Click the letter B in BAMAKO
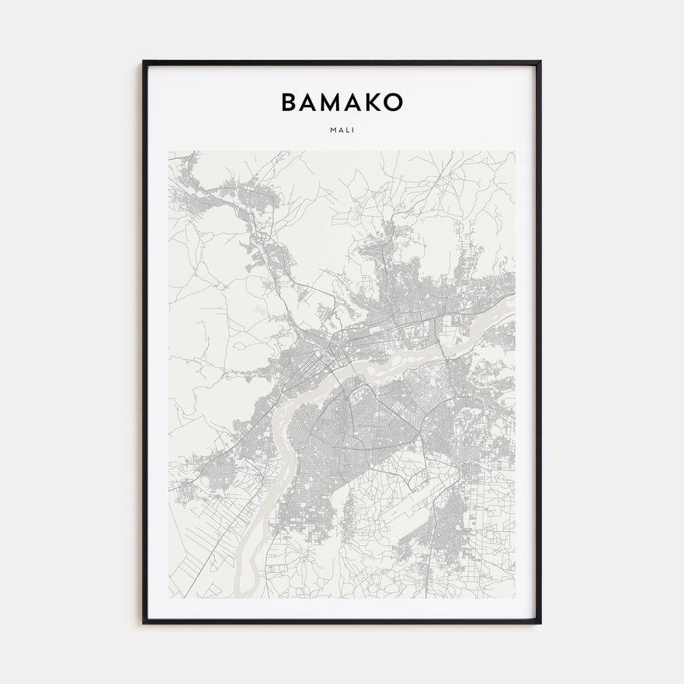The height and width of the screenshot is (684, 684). (290, 103)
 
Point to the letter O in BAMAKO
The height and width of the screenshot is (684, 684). (394, 103)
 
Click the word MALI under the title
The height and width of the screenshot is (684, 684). (342, 129)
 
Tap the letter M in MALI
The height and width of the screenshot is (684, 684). (333, 129)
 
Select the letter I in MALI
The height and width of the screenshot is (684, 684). (353, 129)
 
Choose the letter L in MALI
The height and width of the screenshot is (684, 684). (347, 129)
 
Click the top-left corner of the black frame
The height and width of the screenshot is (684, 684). (143, 61)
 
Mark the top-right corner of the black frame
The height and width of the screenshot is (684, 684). (540, 61)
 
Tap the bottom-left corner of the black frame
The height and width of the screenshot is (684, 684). (143, 623)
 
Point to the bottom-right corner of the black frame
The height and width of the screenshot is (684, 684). (540, 623)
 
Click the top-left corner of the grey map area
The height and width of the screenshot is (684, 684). (169, 150)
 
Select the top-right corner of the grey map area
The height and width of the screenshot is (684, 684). (515, 150)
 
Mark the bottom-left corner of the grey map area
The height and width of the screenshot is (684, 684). (169, 598)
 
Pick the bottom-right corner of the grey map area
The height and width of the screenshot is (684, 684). (515, 598)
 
